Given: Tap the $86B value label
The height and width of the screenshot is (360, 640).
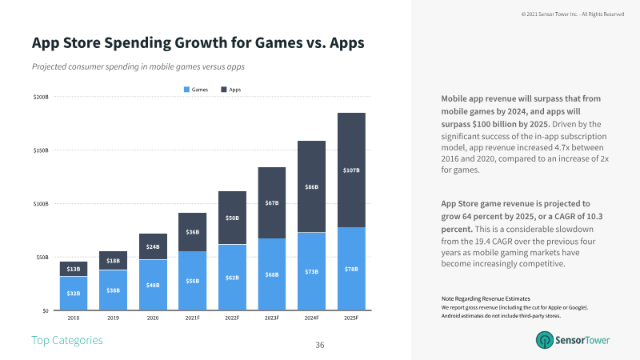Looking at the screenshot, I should point(312,186).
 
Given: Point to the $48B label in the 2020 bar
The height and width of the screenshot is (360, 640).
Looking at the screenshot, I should point(152,286).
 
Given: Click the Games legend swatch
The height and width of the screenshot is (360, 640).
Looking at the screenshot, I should point(187,90).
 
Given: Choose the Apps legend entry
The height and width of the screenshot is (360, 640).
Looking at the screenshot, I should point(230,90).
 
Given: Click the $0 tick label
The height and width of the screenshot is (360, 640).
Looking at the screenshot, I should point(44,310).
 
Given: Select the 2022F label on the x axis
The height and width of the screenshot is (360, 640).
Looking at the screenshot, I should point(232,318).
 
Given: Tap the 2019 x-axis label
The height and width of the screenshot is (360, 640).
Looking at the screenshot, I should point(113,318).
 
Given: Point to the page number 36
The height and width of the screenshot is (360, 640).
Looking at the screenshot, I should point(320,345).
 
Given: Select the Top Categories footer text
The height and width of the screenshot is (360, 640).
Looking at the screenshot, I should point(67,341).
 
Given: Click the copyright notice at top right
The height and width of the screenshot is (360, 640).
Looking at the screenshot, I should point(572,14).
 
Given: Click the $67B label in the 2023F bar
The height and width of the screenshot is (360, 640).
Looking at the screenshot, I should point(272,203).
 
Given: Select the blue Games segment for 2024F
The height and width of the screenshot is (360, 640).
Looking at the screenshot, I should point(312,271).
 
